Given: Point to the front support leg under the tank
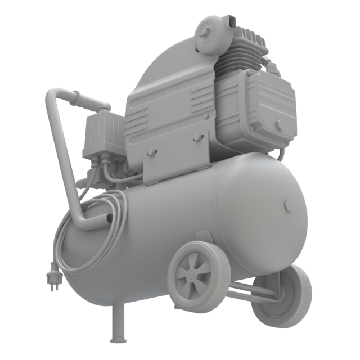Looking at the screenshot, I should point(118,323).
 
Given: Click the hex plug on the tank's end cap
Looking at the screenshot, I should point(288,206).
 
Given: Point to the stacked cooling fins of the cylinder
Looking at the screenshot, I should point(239,53).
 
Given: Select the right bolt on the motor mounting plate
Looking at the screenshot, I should point(197,137).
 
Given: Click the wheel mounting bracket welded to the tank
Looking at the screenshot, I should point(203,236).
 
